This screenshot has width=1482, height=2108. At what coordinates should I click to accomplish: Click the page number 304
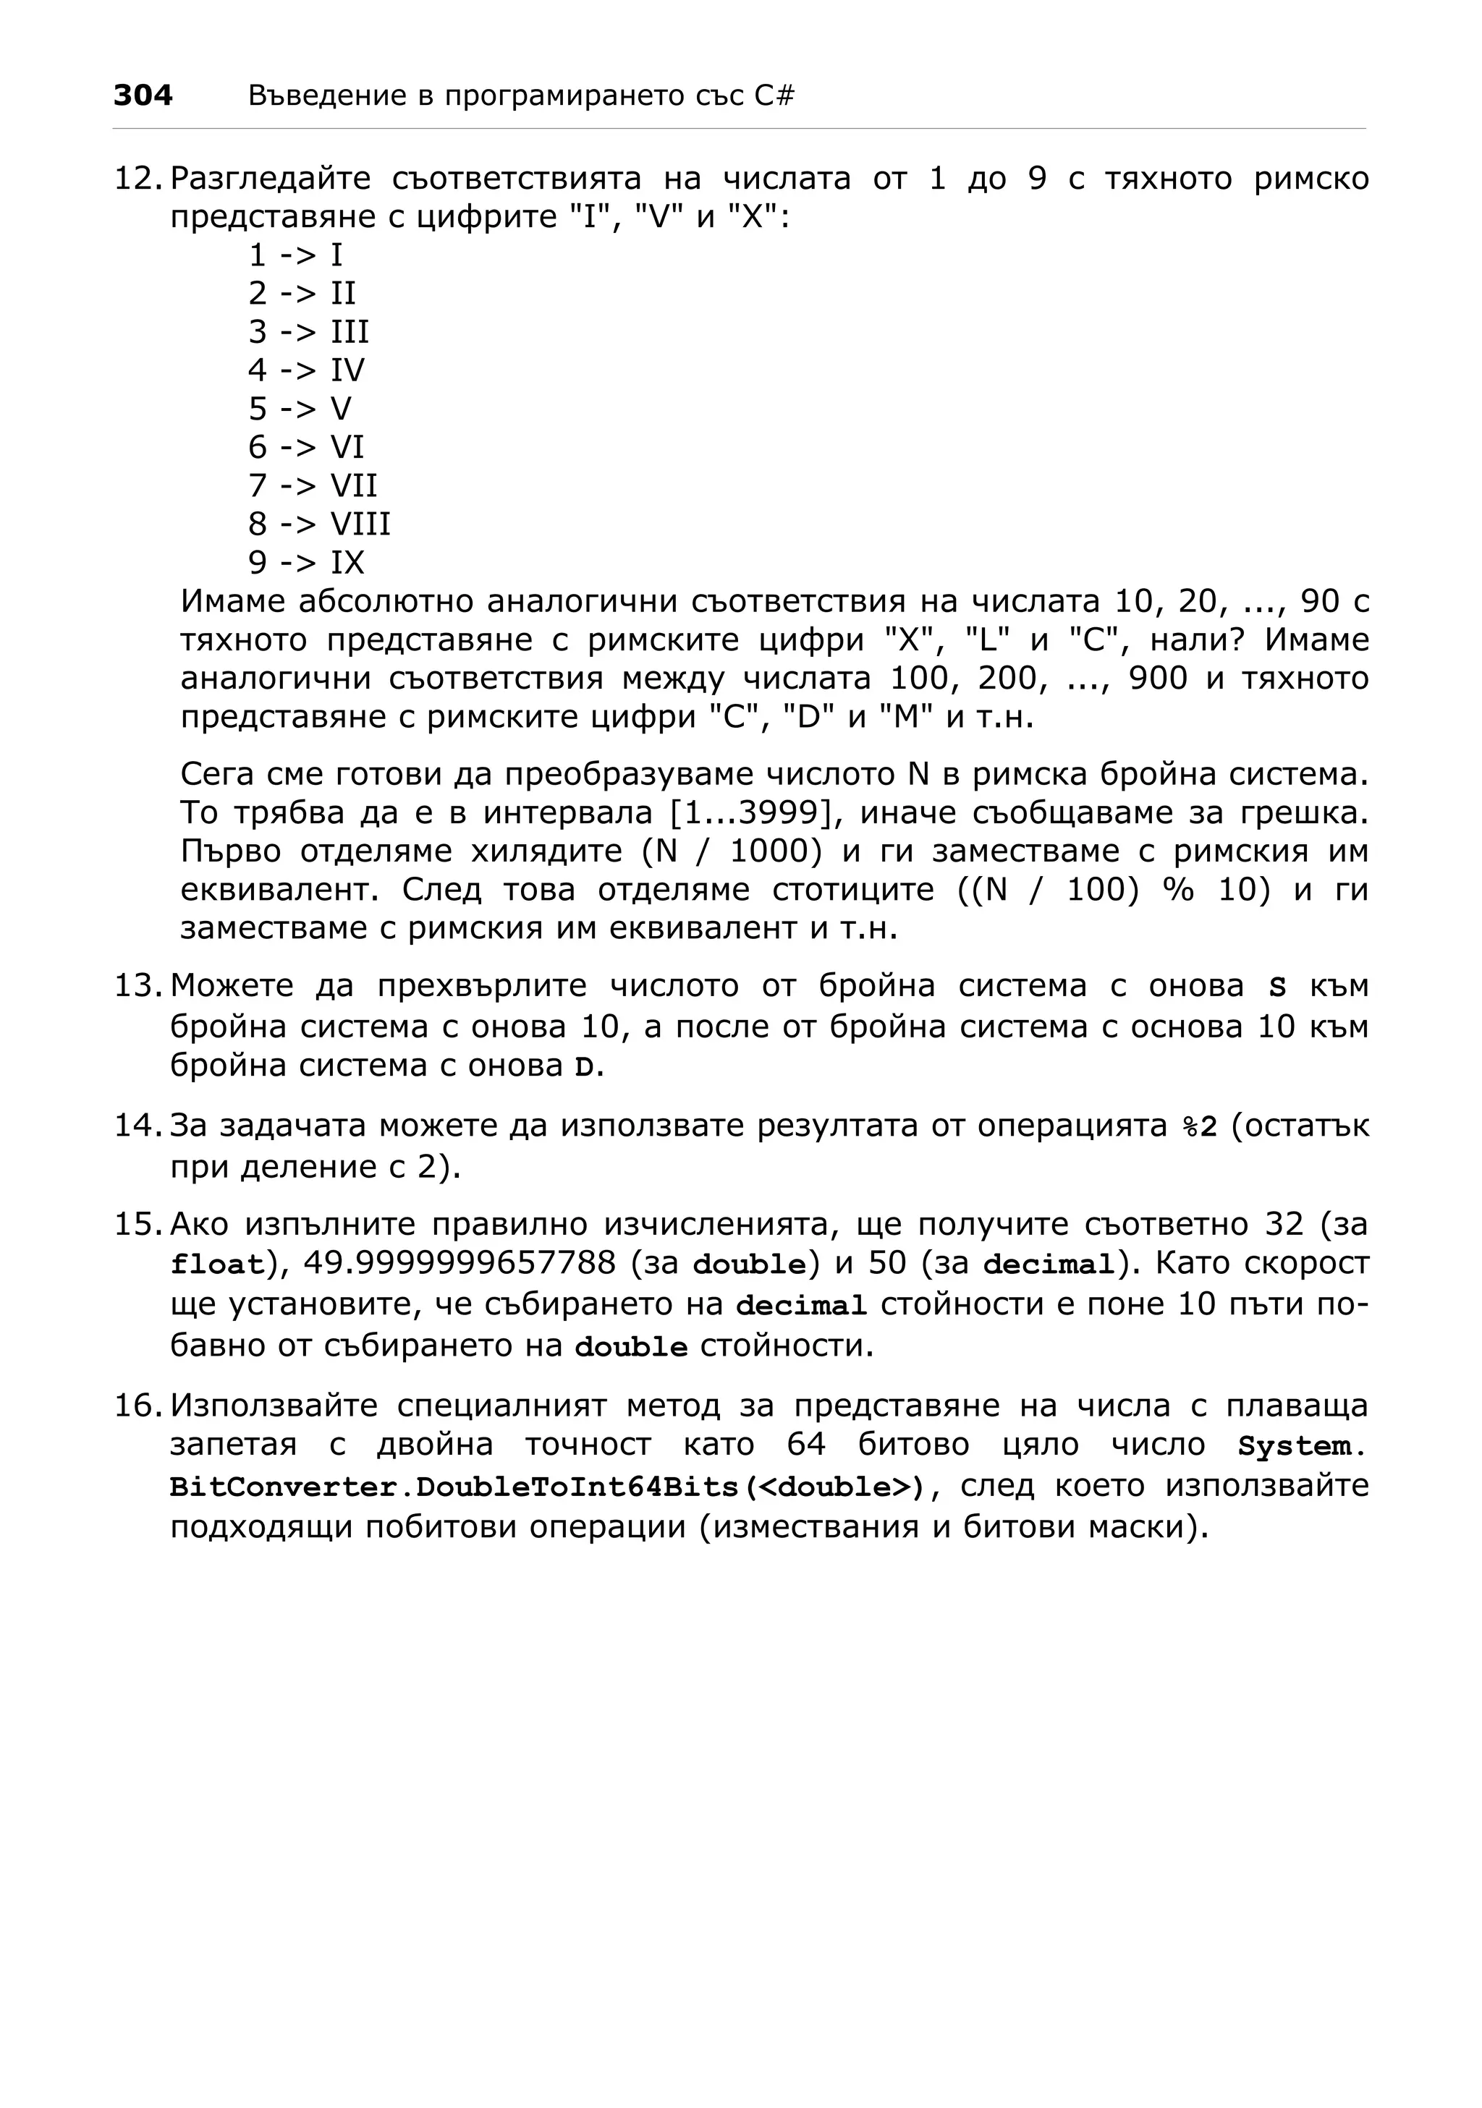click(x=143, y=95)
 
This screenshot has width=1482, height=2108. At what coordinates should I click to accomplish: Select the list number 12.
click(x=136, y=178)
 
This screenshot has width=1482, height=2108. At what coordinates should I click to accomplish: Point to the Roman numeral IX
click(x=347, y=563)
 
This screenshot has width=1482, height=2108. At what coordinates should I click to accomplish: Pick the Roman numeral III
click(x=349, y=331)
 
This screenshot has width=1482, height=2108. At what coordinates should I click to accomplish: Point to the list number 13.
click(x=136, y=986)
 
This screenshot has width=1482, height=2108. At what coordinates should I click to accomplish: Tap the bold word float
click(x=216, y=1265)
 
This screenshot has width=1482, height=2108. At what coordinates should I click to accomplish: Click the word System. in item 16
click(x=1300, y=1446)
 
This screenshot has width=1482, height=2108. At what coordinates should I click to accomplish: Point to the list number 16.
click(x=136, y=1406)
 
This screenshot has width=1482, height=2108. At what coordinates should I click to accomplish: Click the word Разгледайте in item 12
click(x=271, y=178)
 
